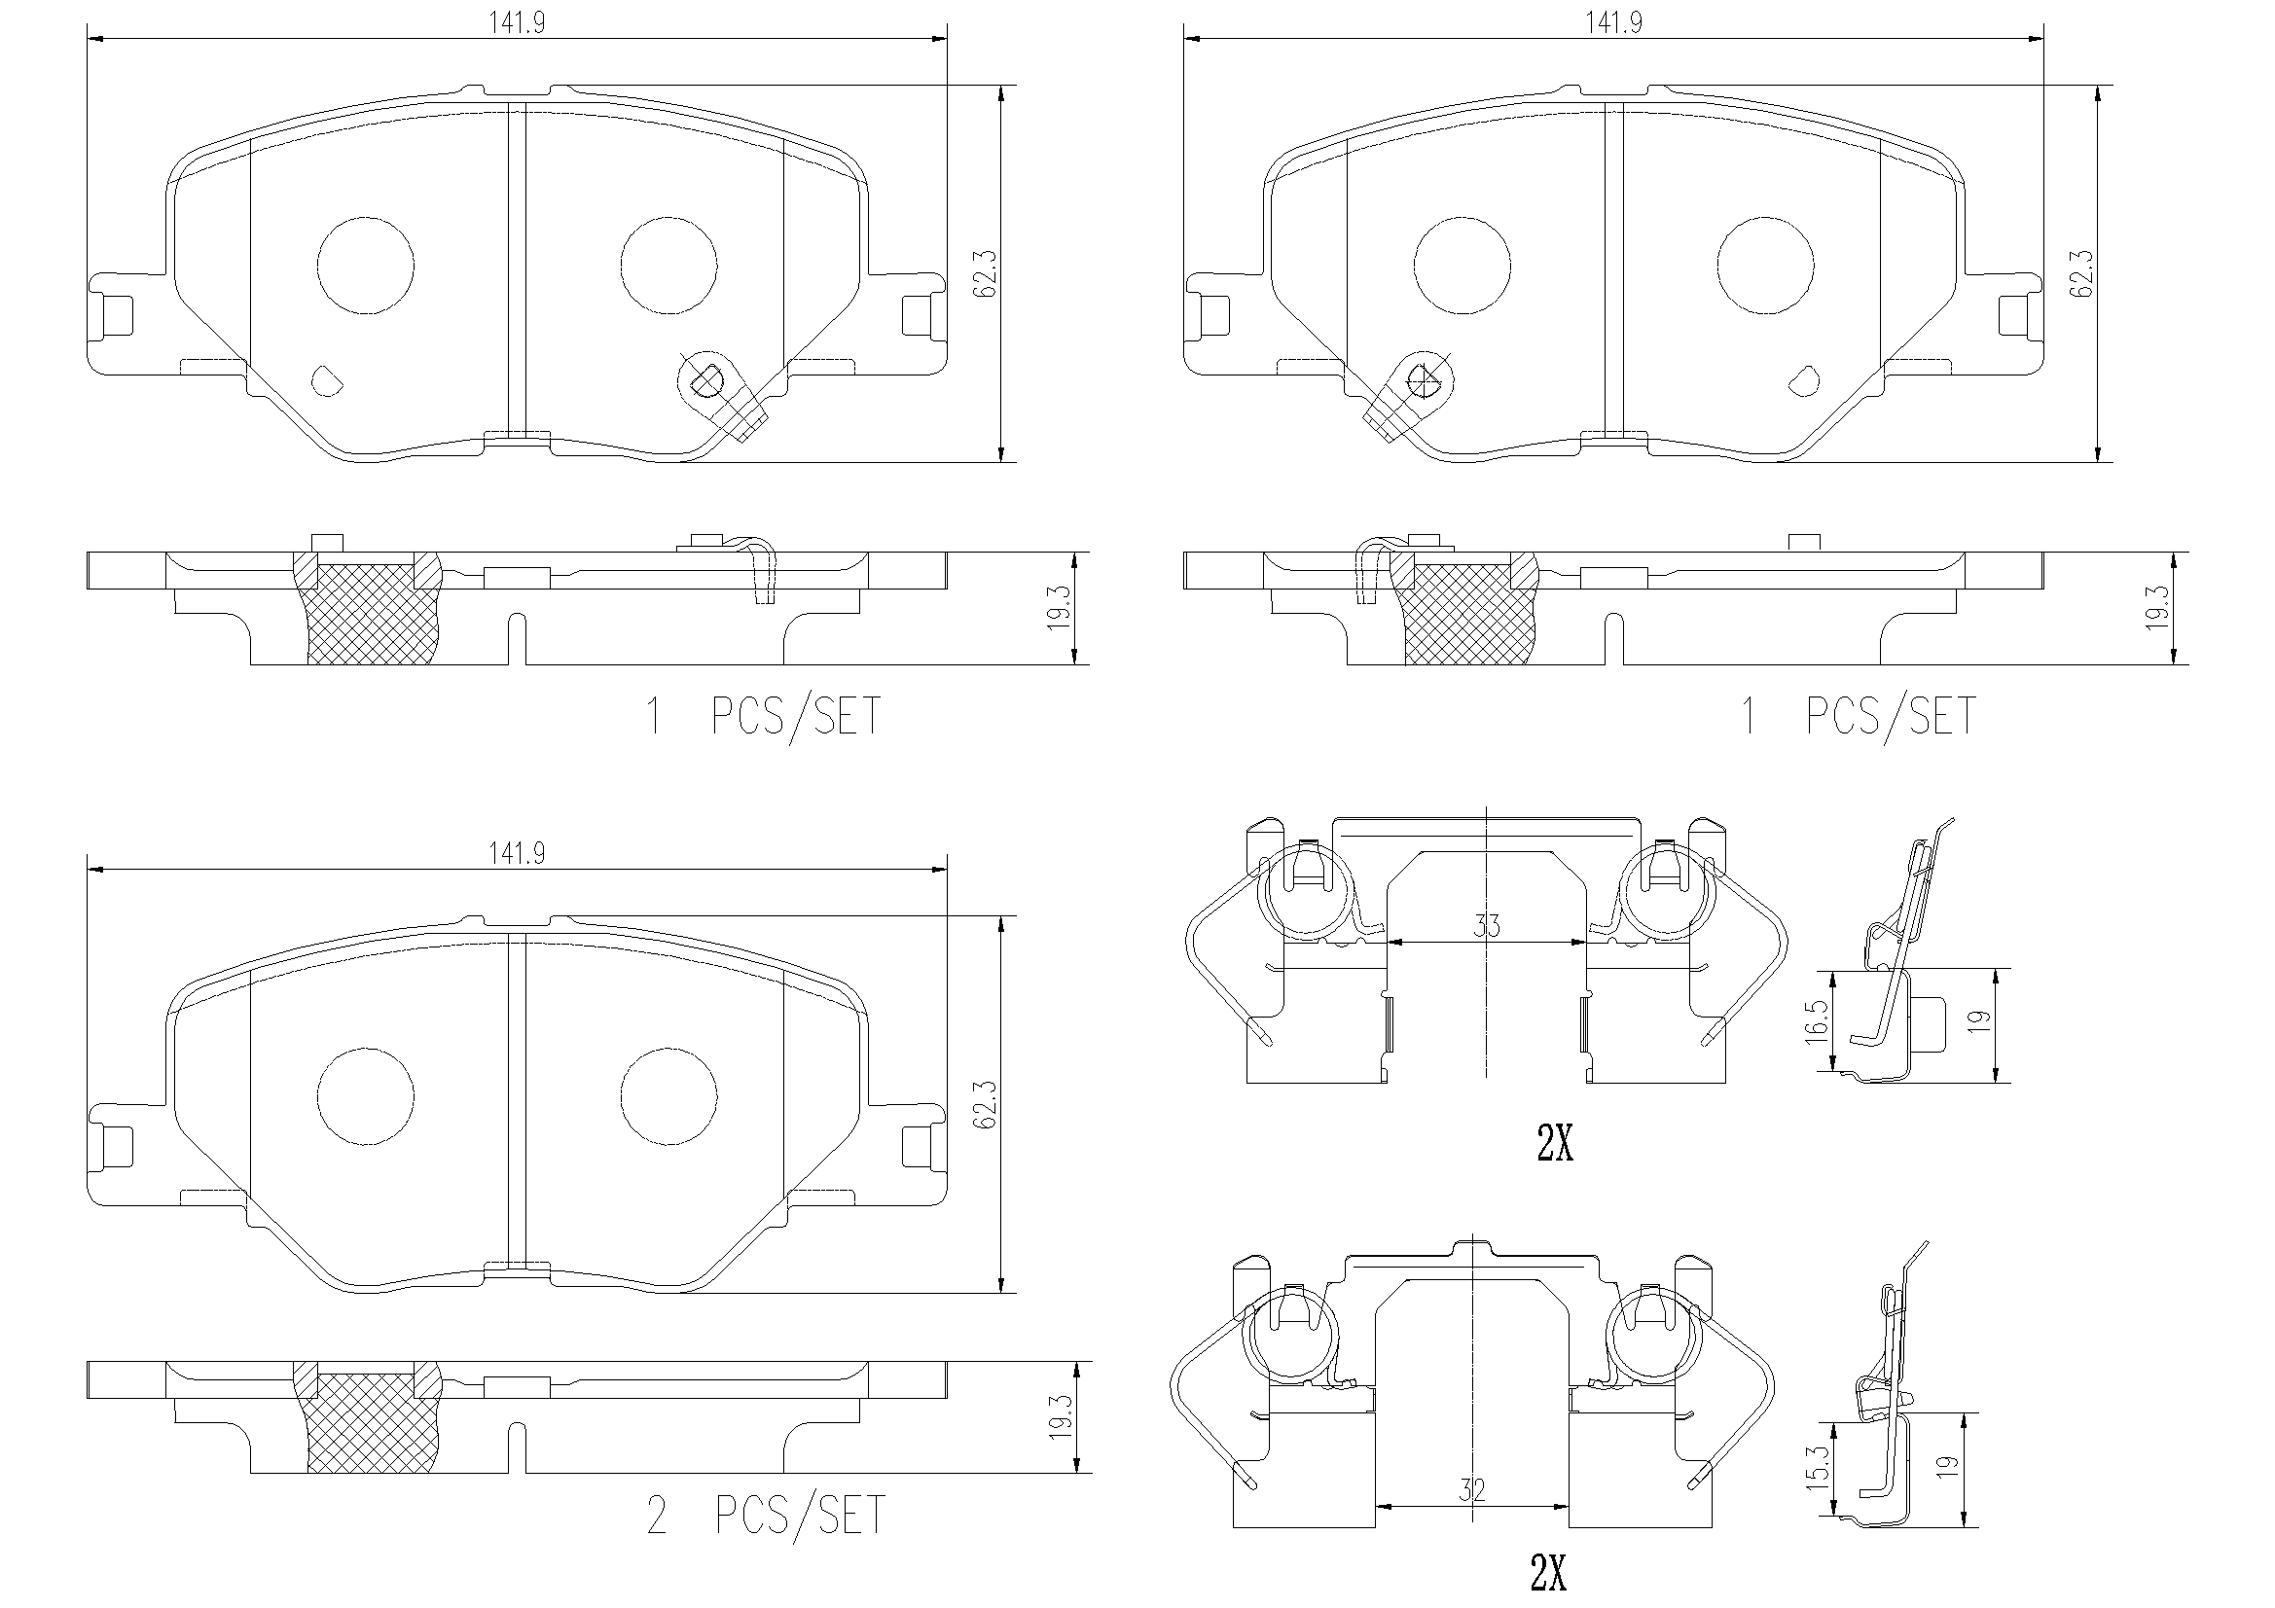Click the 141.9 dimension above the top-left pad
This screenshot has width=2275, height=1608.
point(517,22)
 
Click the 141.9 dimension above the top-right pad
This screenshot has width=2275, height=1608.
point(1613,22)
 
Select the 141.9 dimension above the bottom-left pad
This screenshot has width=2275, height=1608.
point(517,853)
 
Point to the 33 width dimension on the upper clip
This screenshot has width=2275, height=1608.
point(1486,925)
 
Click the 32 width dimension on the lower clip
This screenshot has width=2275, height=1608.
point(1472,1489)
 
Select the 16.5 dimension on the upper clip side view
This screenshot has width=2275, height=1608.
point(1816,1020)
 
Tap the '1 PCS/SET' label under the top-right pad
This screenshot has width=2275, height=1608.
point(1859,716)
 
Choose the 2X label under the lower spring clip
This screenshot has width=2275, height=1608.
point(1548,1573)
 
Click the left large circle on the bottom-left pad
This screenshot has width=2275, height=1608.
point(366,1095)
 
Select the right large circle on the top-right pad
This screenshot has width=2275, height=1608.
point(1765,266)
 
